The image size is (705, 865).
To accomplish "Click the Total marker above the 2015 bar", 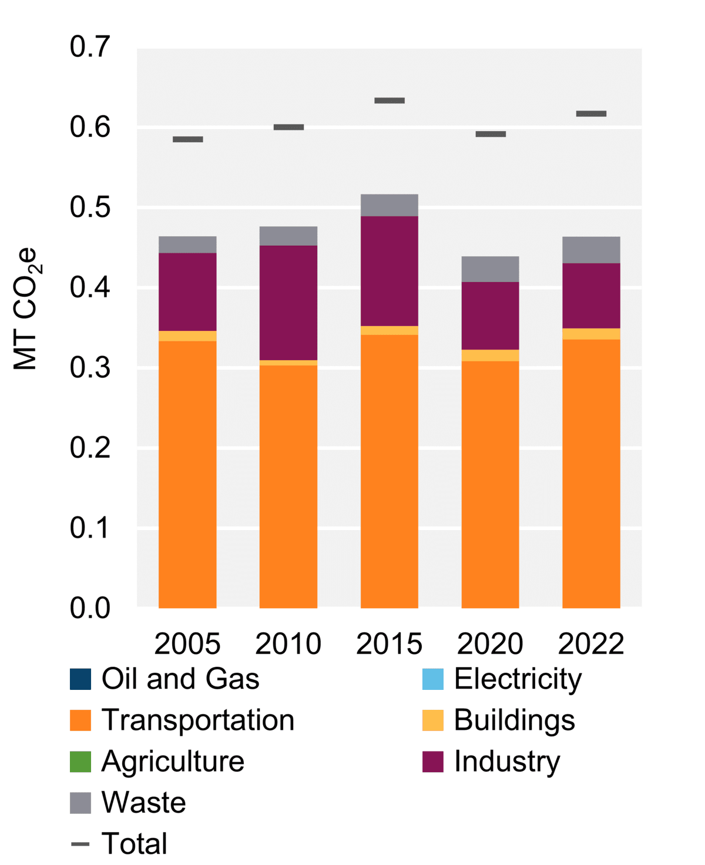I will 390,100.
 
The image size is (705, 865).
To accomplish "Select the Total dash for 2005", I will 188,139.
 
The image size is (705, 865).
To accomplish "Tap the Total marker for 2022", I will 591,113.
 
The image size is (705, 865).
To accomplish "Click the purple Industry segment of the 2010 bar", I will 288,303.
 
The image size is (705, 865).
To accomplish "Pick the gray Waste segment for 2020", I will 490,269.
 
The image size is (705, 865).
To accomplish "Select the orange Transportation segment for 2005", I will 187,474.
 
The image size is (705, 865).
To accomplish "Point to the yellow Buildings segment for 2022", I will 591,334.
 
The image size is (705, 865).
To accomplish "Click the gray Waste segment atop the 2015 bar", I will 389,205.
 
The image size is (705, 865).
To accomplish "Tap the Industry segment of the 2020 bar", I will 490,316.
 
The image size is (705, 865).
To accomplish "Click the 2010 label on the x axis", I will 288,644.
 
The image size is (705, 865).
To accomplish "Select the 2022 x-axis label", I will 591,644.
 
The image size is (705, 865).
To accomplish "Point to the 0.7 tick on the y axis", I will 90,47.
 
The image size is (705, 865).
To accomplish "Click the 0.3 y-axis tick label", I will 90,368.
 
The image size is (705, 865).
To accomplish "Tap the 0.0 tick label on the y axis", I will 90,608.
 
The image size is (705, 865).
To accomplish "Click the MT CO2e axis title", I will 26,309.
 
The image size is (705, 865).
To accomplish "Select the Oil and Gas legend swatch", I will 80,679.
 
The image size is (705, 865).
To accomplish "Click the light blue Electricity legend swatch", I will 432,679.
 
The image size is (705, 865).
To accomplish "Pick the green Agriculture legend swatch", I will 80,762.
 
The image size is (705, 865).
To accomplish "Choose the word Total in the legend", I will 135,844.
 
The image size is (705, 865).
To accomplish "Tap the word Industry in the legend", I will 507,762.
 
